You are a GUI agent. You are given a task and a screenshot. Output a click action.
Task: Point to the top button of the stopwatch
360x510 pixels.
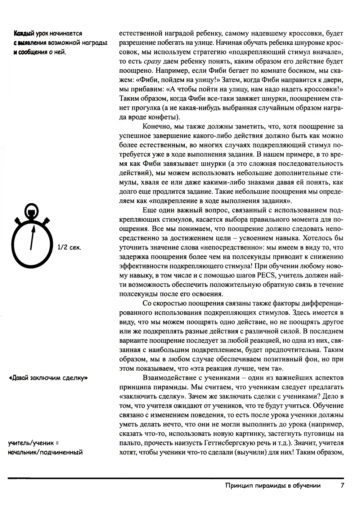click(x=32, y=208)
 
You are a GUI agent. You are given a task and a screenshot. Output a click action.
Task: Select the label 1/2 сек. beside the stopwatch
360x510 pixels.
click(x=69, y=248)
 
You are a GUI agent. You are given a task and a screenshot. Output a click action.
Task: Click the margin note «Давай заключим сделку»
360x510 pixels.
click(x=48, y=378)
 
